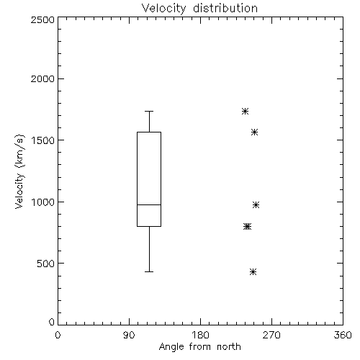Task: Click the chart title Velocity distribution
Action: point(199,9)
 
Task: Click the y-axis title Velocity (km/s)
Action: point(19,171)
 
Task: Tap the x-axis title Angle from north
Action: point(199,347)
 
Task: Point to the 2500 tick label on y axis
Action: point(42,19)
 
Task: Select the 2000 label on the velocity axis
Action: point(42,78)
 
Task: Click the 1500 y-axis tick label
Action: point(43,140)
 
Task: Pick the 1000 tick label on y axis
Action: point(43,202)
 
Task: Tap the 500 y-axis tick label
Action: point(46,264)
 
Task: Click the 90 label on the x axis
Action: point(129,335)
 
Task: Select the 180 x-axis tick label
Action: point(200,335)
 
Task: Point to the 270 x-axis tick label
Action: point(271,335)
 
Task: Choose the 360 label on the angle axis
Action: point(343,335)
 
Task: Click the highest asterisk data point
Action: point(245,111)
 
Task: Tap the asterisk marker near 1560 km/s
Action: point(255,132)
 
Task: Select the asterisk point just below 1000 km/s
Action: point(256,204)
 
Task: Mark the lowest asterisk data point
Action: point(253,271)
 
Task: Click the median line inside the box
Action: point(149,204)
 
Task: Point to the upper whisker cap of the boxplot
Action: point(149,111)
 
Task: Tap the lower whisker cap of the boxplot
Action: point(149,271)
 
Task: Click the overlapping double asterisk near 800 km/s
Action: point(247,226)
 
